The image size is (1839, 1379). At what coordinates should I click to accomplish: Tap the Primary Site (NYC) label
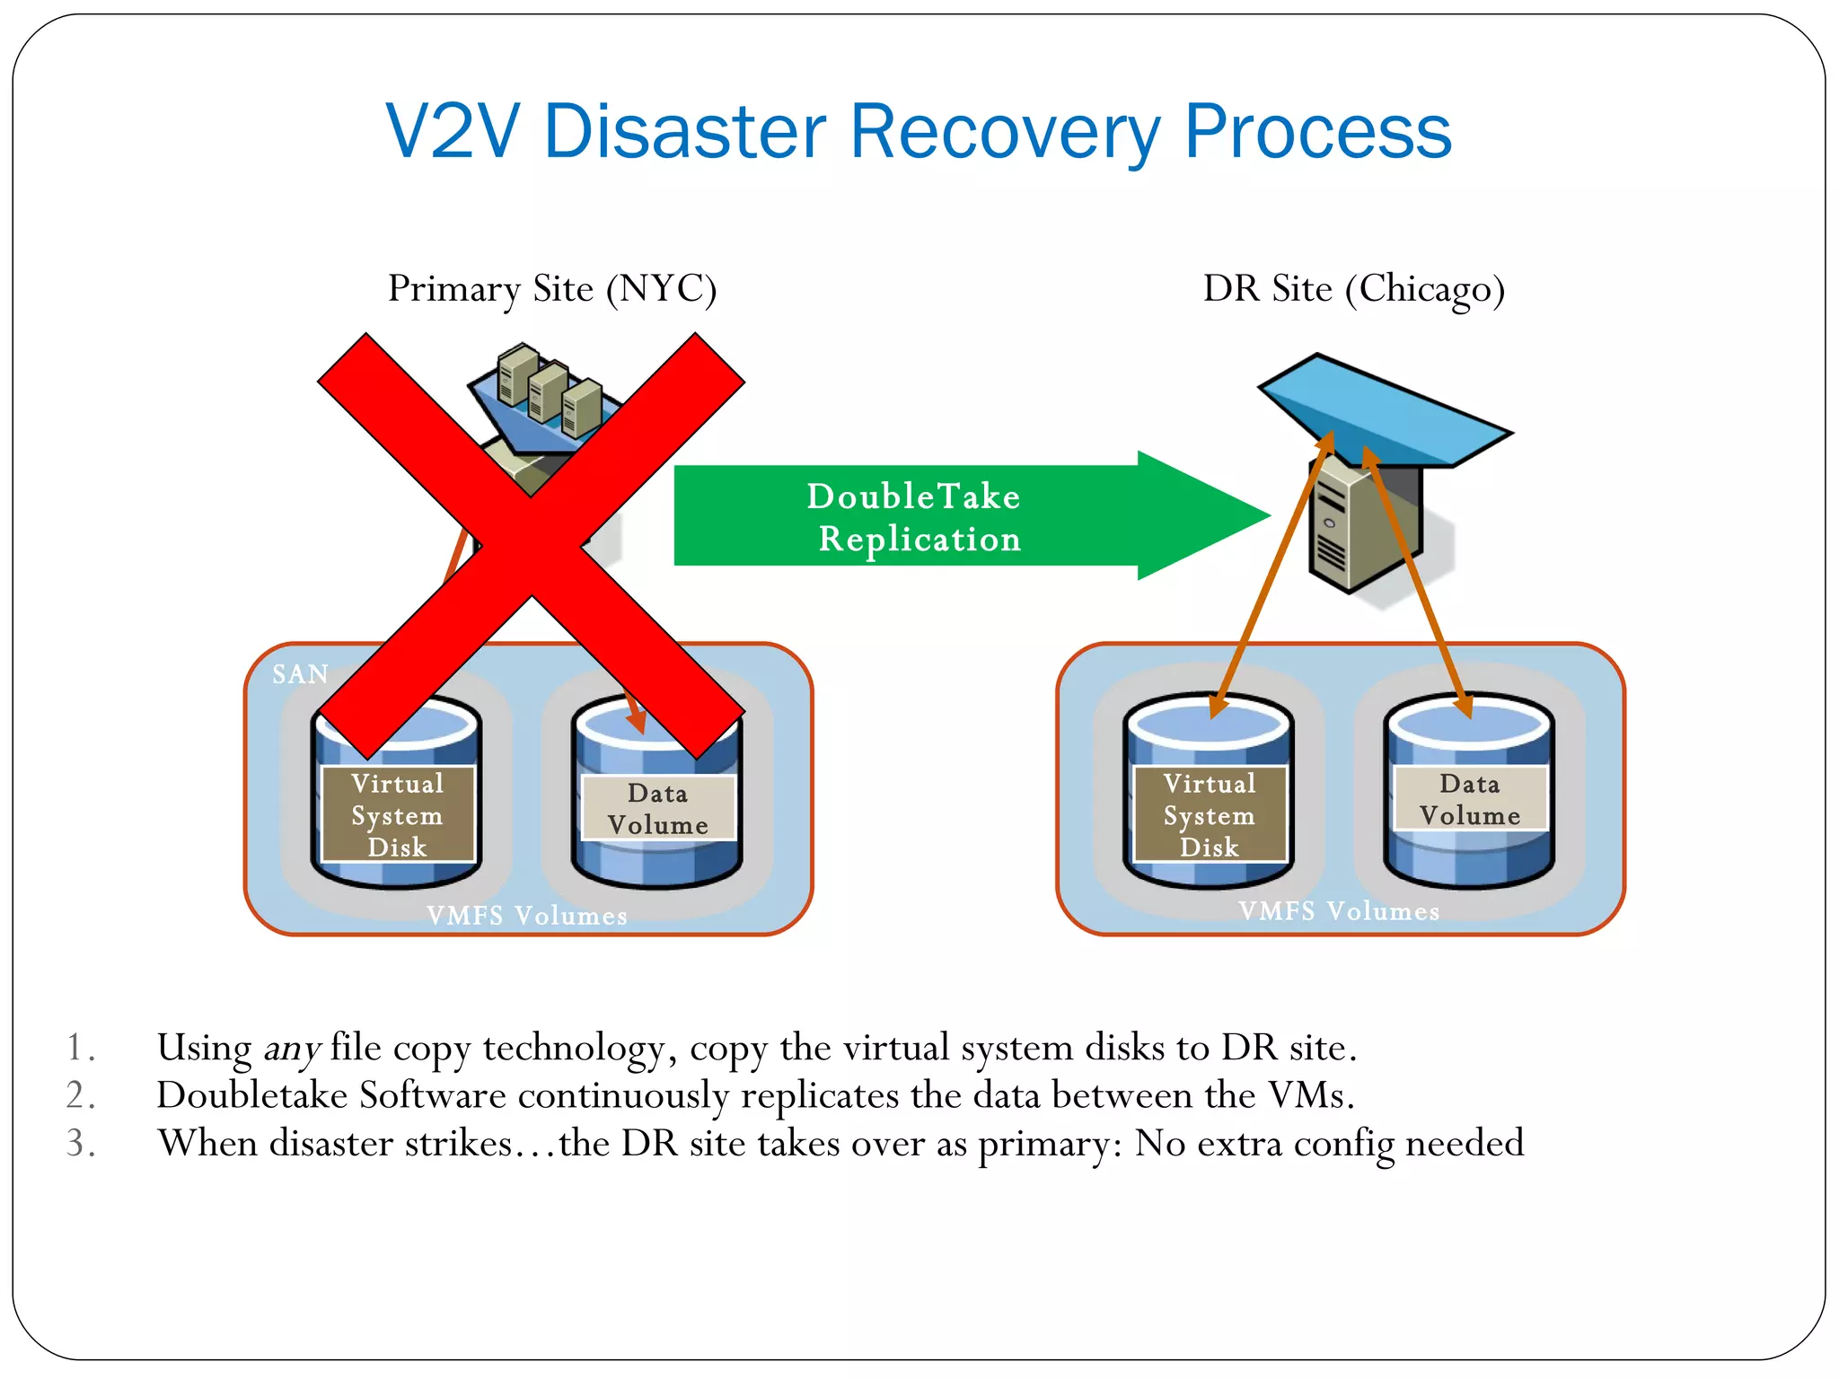click(x=552, y=289)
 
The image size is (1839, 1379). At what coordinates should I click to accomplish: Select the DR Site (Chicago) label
click(x=1353, y=289)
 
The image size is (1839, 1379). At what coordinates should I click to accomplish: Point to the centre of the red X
click(x=532, y=546)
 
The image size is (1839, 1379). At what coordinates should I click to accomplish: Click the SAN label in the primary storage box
click(x=301, y=674)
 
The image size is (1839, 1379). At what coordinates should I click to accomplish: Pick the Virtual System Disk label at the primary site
click(x=398, y=814)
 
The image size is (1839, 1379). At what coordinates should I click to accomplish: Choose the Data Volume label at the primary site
click(x=658, y=808)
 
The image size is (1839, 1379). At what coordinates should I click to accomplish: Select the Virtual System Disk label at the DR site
click(x=1210, y=814)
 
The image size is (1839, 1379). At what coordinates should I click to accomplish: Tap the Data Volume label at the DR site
click(x=1470, y=799)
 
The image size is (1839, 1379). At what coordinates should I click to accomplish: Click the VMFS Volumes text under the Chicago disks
click(x=1339, y=911)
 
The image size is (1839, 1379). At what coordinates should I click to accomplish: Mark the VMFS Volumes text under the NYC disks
click(x=527, y=916)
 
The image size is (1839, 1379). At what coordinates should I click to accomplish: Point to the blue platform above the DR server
click(x=1383, y=408)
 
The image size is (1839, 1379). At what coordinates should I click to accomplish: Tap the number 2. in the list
click(x=81, y=1096)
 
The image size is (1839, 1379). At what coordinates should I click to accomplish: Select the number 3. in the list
click(x=81, y=1144)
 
